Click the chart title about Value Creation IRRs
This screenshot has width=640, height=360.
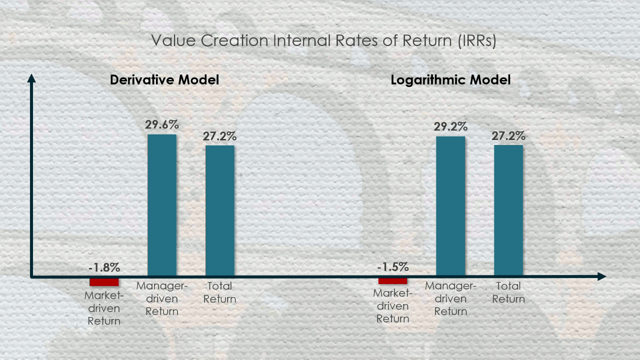[323, 41]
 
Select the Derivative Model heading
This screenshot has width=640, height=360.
[164, 80]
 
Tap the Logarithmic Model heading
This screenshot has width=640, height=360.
[450, 80]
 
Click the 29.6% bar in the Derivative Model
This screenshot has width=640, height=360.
[162, 205]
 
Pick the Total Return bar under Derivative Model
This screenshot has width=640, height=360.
[220, 210]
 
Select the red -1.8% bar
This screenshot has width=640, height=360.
[104, 281]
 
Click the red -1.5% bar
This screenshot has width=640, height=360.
[392, 281]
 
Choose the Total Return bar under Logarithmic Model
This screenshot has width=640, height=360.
[508, 210]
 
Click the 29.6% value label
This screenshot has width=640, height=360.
[162, 125]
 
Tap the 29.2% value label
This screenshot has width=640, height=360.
[450, 126]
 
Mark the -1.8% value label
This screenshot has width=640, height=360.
[104, 267]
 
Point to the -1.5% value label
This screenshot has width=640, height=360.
[392, 267]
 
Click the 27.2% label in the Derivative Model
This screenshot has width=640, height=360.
[220, 136]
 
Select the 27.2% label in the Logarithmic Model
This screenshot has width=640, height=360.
[508, 135]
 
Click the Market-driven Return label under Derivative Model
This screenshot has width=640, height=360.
[104, 308]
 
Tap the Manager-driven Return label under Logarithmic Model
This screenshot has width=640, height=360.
[450, 298]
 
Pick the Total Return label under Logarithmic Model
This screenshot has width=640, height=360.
[508, 292]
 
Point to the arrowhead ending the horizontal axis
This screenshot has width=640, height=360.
[602, 276]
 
